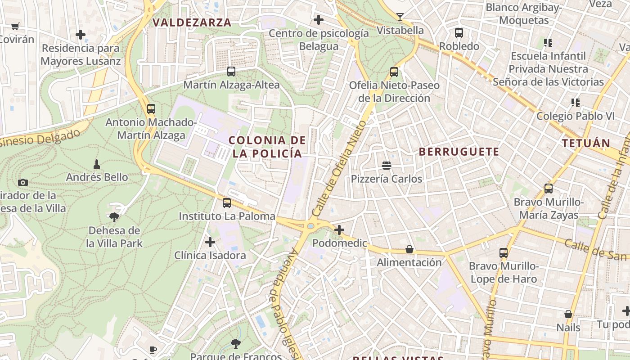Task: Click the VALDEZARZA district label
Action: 192,22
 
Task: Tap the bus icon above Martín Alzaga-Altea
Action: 231,72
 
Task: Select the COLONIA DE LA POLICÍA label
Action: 267,147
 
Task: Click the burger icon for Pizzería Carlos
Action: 387,166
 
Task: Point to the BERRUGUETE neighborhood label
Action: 459,152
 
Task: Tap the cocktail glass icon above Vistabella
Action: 400,17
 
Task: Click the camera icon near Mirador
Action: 23,182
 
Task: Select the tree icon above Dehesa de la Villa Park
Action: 114,217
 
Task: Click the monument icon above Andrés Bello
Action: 96,164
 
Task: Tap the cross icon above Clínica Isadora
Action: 210,242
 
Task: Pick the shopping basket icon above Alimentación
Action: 409,249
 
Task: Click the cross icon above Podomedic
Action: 339,230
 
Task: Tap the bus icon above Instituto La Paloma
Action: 227,203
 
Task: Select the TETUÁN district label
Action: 586,144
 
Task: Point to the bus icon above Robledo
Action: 459,33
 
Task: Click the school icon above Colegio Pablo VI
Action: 575,103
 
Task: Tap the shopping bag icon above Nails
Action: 568,314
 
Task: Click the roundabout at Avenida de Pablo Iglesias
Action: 310,226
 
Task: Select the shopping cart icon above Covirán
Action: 15,26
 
